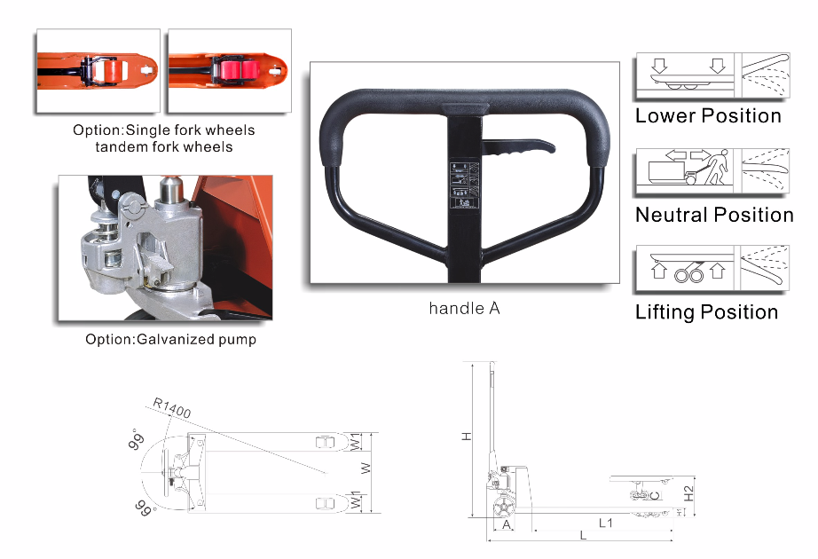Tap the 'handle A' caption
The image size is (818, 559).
click(x=464, y=309)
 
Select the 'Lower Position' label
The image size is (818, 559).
click(x=708, y=116)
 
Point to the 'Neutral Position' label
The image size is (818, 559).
click(x=714, y=215)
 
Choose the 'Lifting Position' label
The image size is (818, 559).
click(x=706, y=312)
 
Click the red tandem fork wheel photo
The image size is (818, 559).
click(x=229, y=71)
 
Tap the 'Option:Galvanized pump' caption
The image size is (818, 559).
click(x=170, y=339)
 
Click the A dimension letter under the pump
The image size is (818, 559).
click(x=507, y=524)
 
